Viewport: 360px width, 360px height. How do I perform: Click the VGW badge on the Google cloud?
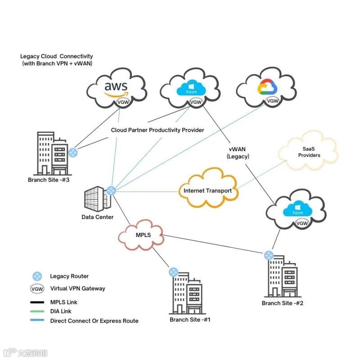[273, 101]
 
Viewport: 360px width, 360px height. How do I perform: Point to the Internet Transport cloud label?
[207, 191]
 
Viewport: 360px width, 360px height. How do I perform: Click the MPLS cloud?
[143, 235]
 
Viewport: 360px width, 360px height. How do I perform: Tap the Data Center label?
[98, 217]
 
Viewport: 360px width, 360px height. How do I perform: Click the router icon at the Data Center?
[111, 191]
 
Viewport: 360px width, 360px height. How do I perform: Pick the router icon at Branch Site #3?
[73, 152]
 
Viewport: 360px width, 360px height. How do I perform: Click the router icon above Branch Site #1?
[173, 272]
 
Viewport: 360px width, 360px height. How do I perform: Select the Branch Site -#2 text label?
[283, 303]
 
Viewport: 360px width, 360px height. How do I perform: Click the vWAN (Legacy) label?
[238, 152]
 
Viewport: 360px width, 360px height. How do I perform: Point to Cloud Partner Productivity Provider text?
[157, 130]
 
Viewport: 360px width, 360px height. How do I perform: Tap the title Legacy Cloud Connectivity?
[56, 57]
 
